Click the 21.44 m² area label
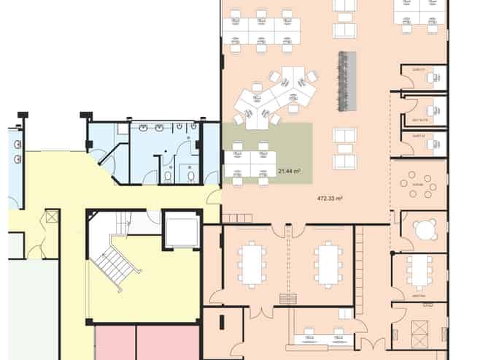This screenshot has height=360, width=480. pyautogui.click(x=290, y=171)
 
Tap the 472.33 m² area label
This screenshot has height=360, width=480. pyautogui.click(x=330, y=198)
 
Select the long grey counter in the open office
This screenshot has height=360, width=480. pyautogui.click(x=347, y=80)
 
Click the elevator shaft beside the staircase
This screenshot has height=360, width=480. pyautogui.click(x=182, y=229)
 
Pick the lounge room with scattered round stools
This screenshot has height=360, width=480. pyautogui.click(x=419, y=185)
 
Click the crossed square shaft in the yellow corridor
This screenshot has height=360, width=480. pyautogui.click(x=52, y=217)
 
